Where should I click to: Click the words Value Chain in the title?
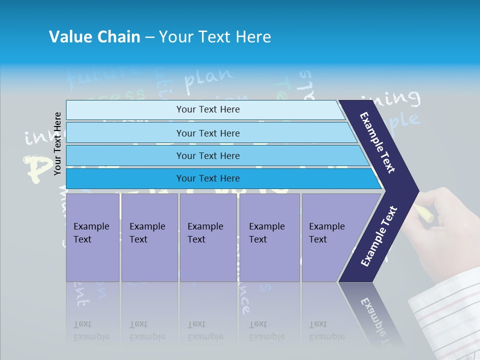pos(94,37)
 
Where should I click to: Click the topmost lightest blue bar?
pos(205,109)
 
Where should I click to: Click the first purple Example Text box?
pos(92,237)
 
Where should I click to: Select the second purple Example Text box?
pos(149,237)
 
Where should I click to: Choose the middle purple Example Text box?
pos(208,237)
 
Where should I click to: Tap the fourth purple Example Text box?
pos(269,237)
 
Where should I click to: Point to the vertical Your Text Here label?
pos(58,143)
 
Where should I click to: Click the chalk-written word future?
pos(102,75)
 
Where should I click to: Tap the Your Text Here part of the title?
pos(215,37)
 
